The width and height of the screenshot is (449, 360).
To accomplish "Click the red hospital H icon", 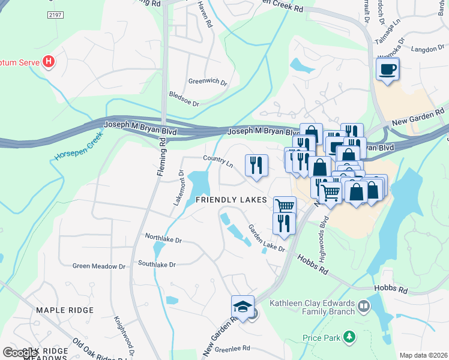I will pos(49,62).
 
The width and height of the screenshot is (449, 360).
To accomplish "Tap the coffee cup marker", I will pos(387,68).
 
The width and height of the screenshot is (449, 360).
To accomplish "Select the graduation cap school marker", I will pos(243,307).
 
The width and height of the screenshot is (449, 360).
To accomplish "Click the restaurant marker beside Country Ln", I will pos(256,165).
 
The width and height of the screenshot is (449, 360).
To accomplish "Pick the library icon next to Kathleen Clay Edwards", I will pos(363,307).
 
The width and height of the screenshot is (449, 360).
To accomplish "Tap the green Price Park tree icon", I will pos(348,338).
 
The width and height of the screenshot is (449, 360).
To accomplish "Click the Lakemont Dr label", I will pos(178,187).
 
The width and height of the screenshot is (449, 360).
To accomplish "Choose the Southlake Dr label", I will pos(156,264).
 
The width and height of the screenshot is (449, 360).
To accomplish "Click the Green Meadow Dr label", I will pos(99,266).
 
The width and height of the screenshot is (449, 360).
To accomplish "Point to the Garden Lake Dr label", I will pos(267,238).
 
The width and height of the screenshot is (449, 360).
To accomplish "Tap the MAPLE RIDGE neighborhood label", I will pos(65,310).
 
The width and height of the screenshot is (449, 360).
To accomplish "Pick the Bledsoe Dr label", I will pos(184,99).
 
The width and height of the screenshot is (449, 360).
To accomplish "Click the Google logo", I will pos(19,352).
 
